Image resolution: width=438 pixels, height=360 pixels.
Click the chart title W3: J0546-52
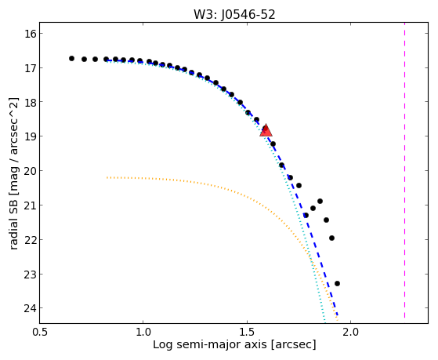click(x=234, y=14)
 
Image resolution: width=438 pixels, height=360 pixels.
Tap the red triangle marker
click(x=266, y=130)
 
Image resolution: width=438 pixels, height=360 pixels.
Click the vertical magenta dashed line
click(x=404, y=173)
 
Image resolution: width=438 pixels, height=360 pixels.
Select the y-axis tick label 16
click(x=30, y=34)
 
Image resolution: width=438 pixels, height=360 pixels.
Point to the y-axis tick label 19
click(x=30, y=136)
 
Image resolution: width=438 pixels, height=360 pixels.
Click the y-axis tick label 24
click(x=30, y=308)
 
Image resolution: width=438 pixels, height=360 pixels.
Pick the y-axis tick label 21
click(x=30, y=205)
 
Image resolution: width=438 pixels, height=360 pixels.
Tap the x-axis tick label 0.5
click(x=40, y=333)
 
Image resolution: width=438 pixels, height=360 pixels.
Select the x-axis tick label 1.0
click(x=143, y=333)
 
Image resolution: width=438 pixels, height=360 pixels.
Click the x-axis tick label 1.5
click(x=247, y=333)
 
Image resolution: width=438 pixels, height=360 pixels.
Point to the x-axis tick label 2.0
click(x=351, y=333)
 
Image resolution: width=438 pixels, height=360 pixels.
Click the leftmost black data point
click(x=71, y=59)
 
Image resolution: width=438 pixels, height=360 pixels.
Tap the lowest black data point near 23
click(x=337, y=283)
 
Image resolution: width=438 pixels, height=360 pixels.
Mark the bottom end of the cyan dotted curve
click(x=324, y=320)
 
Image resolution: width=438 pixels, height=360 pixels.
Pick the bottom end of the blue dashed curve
click(x=338, y=315)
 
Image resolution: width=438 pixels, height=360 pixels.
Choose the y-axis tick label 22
click(x=30, y=240)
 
